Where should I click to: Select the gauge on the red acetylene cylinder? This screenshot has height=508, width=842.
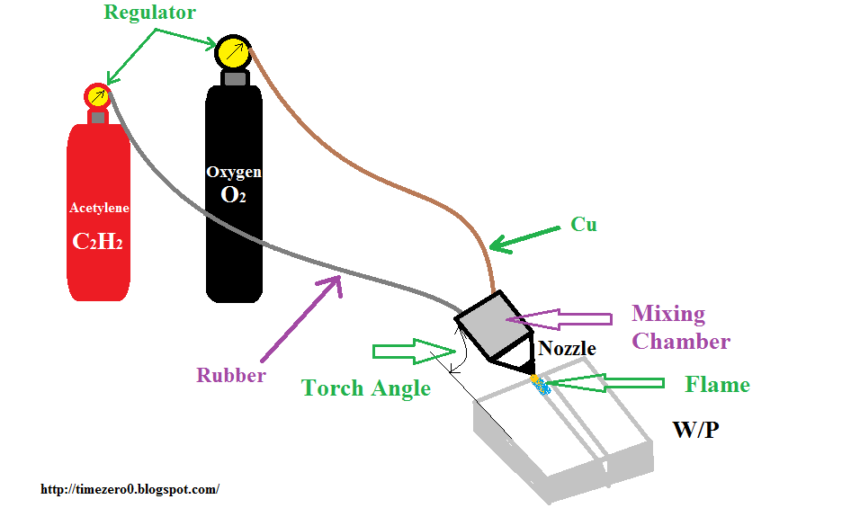tap(97, 95)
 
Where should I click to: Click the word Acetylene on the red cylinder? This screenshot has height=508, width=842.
tap(99, 208)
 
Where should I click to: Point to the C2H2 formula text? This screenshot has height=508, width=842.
tap(99, 242)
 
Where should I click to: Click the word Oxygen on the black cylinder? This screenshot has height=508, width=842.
tap(234, 172)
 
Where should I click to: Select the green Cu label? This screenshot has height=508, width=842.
tap(584, 224)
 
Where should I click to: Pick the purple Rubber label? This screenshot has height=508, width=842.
tap(231, 375)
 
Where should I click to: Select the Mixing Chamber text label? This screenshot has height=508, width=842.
tap(680, 327)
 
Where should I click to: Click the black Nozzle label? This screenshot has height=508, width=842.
tap(567, 349)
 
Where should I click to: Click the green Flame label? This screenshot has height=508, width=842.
tap(717, 385)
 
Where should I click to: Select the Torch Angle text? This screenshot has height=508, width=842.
tap(365, 388)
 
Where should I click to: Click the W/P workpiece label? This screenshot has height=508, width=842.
tap(695, 430)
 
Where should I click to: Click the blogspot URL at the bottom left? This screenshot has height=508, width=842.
tap(130, 490)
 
